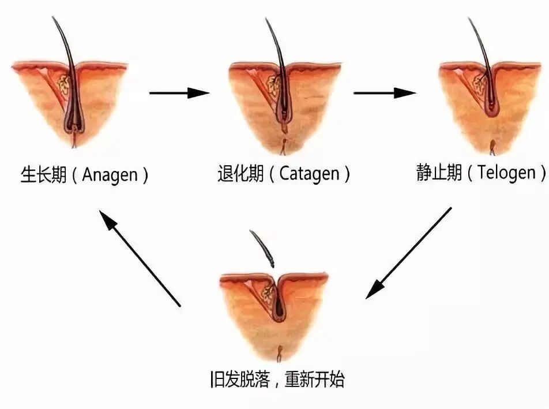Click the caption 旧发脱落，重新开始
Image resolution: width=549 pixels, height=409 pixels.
277,380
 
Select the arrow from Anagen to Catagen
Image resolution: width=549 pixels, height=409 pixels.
179,92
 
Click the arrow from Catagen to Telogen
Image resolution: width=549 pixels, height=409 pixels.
384,92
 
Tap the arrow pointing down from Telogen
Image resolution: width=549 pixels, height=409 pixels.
409,253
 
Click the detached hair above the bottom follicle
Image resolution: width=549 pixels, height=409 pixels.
262,248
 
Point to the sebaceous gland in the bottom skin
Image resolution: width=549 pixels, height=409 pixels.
268,292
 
